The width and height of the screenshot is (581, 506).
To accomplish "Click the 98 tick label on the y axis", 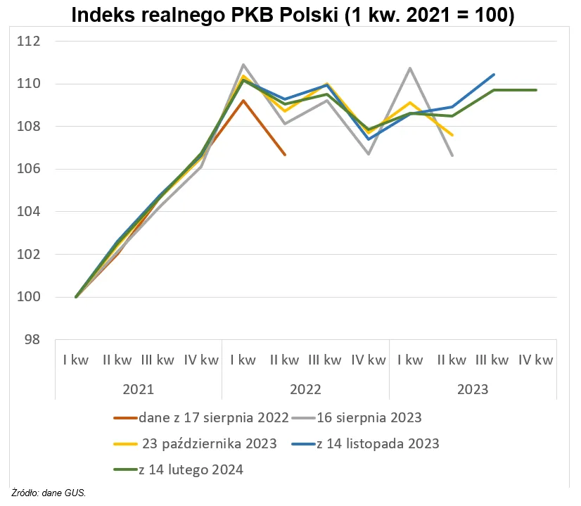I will tap(32, 340).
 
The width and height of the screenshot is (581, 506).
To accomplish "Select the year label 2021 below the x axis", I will tap(138, 389).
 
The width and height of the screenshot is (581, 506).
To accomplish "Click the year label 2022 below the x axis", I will tap(305, 389).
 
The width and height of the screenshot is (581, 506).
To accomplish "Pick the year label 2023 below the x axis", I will tap(472, 389).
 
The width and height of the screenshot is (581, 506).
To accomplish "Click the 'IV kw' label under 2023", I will tap(535, 360).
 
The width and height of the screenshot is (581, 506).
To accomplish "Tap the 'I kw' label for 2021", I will tap(75, 360).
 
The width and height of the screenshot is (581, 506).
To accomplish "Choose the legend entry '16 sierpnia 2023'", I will tap(369, 417).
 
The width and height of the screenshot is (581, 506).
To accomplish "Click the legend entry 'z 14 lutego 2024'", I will tap(191, 469).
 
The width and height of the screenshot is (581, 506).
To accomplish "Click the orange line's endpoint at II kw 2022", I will tap(285, 154).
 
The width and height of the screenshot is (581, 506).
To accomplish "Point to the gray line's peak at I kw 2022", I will tap(243, 65).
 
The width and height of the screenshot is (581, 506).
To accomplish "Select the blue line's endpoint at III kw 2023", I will tap(494, 75).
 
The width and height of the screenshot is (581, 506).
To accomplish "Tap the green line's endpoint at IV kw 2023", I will tap(536, 90).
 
